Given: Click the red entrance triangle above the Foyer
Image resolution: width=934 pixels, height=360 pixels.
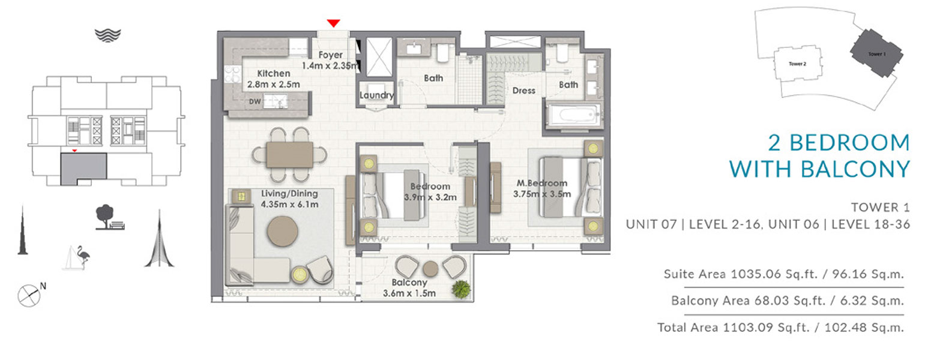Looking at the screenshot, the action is [333, 23].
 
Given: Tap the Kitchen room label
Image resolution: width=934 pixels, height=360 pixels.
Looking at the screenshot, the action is [274, 73].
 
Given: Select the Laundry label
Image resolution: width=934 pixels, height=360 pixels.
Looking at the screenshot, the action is [376, 95].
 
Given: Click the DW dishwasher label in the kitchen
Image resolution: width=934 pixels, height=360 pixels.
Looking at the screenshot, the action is [255, 101].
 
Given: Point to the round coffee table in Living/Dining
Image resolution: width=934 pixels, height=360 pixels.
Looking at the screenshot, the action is [283, 231].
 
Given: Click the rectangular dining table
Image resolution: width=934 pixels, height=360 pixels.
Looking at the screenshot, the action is [290, 155].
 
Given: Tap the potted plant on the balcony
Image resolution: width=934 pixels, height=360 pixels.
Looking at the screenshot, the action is [461, 289].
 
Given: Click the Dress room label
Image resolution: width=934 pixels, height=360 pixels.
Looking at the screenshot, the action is [523, 91].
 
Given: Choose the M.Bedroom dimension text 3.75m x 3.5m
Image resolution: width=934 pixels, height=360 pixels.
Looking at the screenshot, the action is [542, 194].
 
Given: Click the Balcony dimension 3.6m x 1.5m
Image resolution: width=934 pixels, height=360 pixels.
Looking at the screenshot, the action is [409, 293].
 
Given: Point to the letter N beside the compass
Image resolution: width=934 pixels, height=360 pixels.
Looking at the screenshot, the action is [43, 286].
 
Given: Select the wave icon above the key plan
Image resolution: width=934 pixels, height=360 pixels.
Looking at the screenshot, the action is [108, 35].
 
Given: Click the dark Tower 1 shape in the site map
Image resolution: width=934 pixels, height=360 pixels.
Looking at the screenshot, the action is [876, 53].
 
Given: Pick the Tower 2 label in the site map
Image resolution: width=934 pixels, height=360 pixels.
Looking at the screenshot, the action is [798, 64].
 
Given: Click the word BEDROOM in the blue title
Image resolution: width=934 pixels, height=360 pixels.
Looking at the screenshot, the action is [850, 143].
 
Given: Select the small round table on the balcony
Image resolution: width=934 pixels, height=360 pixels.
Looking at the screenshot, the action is [430, 269].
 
